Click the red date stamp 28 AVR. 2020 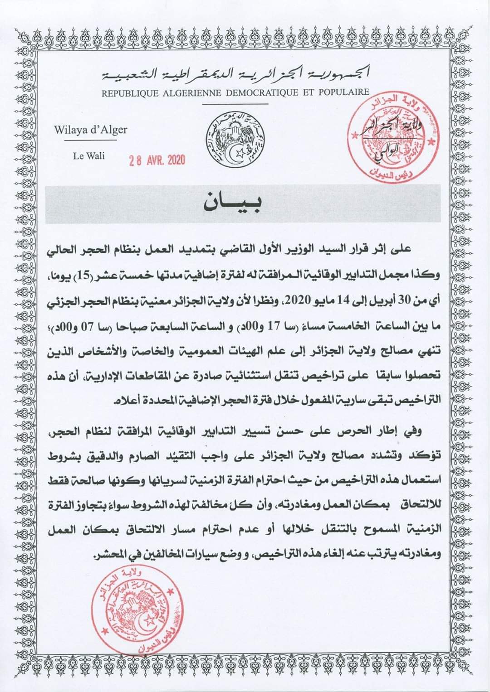157,160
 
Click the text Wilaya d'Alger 91,130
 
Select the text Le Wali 89,156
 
